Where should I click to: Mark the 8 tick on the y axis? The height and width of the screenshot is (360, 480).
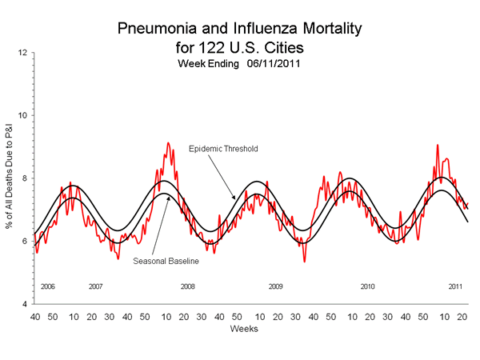[x=25, y=178]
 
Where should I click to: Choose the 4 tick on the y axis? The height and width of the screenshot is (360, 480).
[x=25, y=304]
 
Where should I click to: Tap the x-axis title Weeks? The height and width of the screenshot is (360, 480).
[x=242, y=329]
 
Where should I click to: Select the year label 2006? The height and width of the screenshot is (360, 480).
[x=46, y=286]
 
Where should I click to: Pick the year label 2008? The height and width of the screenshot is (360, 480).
[x=187, y=286]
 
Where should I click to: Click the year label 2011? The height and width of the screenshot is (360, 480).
[x=455, y=286]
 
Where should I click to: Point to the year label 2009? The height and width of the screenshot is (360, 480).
[x=275, y=286]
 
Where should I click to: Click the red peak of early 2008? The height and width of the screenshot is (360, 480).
[x=167, y=143]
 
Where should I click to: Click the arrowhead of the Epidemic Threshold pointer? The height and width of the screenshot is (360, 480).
[x=233, y=198]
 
